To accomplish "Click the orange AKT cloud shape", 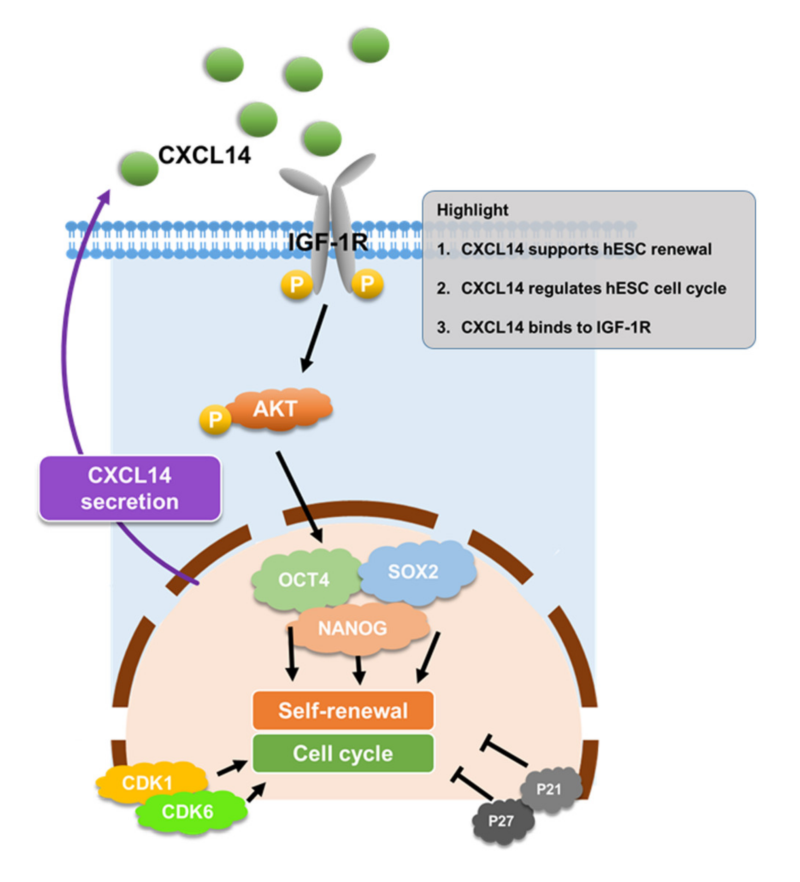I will point(280,409).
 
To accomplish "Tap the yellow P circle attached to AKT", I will point(215,420).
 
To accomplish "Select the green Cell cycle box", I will point(343,754).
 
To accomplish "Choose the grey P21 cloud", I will point(549,790).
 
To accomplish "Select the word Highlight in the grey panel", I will point(472,210).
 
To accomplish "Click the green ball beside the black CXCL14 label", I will point(139,169).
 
